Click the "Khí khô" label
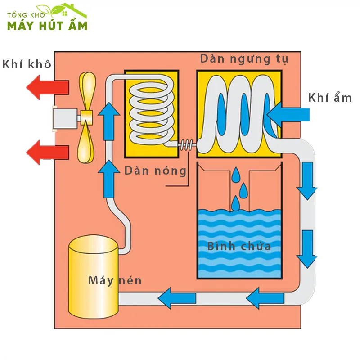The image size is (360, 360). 27,64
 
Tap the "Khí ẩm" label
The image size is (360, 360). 330,98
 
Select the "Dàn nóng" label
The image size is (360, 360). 155,171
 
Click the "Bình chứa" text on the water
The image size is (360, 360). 239,246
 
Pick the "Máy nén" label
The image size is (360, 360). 115,281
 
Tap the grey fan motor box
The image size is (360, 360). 66,118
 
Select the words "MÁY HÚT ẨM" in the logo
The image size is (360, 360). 47,25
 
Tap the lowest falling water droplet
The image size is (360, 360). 235,205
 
